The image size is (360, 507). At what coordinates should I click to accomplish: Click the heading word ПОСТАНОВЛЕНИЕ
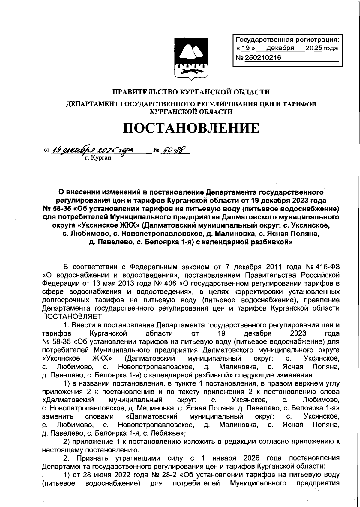point(191,128)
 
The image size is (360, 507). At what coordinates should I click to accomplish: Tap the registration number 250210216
point(263,58)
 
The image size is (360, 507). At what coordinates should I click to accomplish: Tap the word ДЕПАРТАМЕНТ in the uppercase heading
point(93,104)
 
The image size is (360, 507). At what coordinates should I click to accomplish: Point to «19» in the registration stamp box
point(246,48)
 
